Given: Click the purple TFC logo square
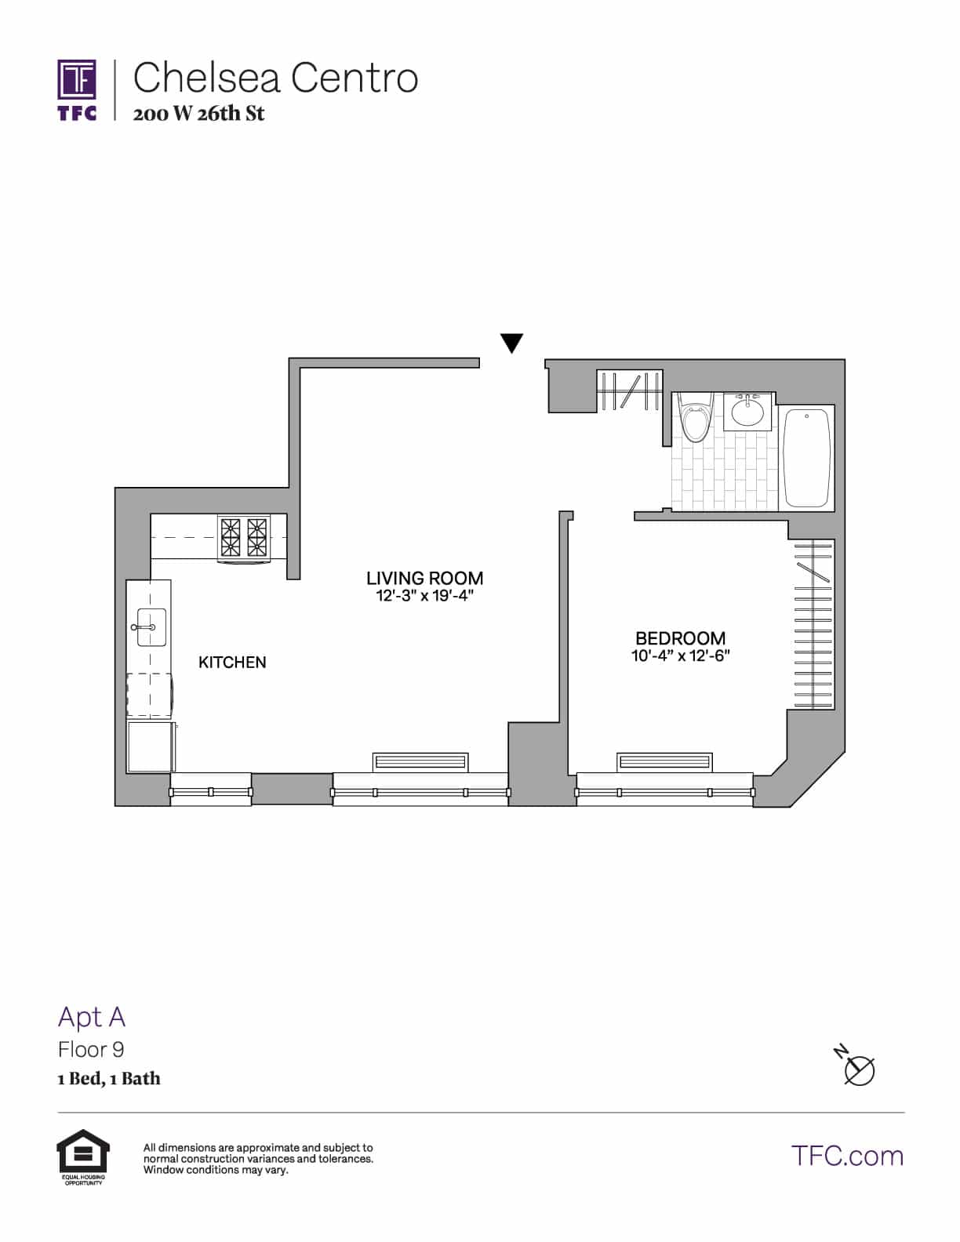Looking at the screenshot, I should pyautogui.click(x=77, y=81).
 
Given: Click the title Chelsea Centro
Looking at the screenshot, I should pyautogui.click(x=275, y=78).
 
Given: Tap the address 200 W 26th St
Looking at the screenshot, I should pyautogui.click(x=198, y=114).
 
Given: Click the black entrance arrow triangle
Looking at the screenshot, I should pyautogui.click(x=511, y=343).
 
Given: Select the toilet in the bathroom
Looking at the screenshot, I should pyautogui.click(x=695, y=420).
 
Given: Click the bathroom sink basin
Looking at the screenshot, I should pyautogui.click(x=747, y=411).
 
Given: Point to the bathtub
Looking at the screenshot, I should pyautogui.click(x=807, y=458).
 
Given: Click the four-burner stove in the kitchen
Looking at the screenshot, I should pyautogui.click(x=244, y=538).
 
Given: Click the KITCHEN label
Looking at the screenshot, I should pyautogui.click(x=232, y=663).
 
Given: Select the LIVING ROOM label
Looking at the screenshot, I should pyautogui.click(x=424, y=578).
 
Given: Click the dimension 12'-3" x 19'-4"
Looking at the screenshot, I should pyautogui.click(x=424, y=597).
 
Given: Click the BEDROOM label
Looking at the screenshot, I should pyautogui.click(x=680, y=638).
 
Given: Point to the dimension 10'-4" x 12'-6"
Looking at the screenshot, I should pyautogui.click(x=680, y=656).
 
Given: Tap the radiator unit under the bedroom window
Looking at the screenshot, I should pyautogui.click(x=664, y=761).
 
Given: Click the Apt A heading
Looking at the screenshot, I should pyautogui.click(x=92, y=1017).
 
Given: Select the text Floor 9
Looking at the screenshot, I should pyautogui.click(x=91, y=1049).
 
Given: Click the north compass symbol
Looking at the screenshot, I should pyautogui.click(x=857, y=1067).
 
